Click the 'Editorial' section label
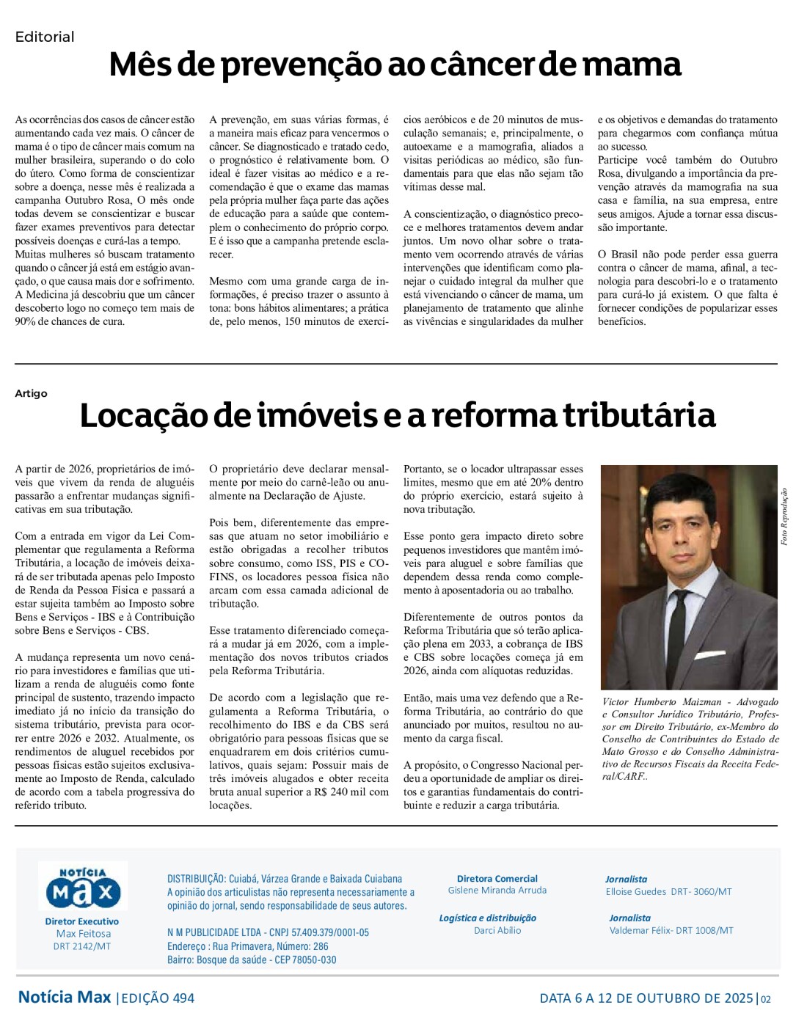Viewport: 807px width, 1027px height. tap(45, 37)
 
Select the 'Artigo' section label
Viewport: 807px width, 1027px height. tap(31, 393)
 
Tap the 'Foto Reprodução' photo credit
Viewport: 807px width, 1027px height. tap(784, 516)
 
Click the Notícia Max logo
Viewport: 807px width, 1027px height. tap(82, 888)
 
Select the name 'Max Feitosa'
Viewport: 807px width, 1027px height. tap(84, 934)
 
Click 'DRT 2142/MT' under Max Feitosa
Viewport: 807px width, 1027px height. tap(82, 946)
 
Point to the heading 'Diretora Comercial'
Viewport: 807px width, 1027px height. tap(497, 878)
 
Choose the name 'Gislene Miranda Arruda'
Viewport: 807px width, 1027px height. tap(497, 891)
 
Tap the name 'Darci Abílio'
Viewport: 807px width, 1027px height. tap(497, 930)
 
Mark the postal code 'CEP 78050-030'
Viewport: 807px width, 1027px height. tap(304, 960)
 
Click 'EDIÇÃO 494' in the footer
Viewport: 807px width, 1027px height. tap(158, 998)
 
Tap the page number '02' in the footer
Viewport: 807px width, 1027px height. tap(766, 998)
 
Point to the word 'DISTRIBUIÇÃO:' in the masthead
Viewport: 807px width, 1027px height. tap(196, 879)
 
